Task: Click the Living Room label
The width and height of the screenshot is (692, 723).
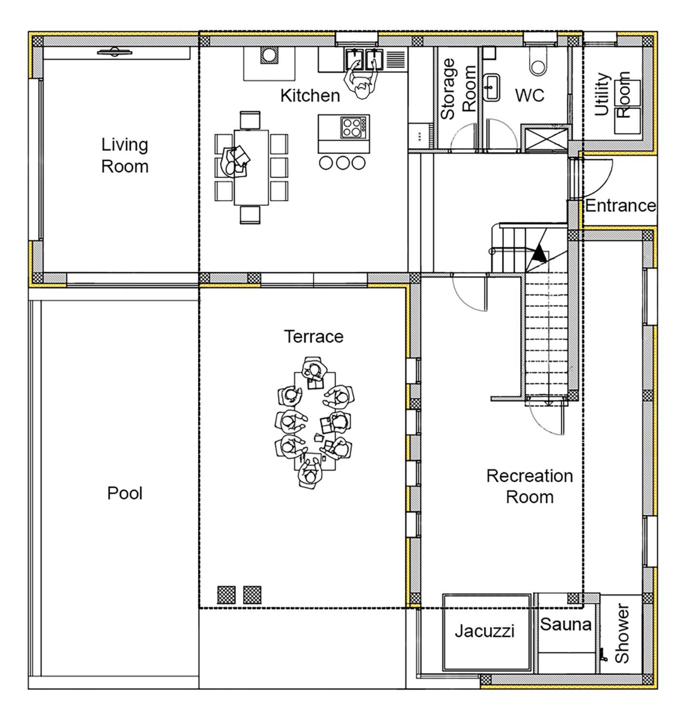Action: (x=125, y=156)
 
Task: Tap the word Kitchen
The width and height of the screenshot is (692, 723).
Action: (x=310, y=96)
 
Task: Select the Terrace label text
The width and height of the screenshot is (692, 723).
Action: (x=314, y=336)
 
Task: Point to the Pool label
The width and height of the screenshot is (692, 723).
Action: (x=125, y=493)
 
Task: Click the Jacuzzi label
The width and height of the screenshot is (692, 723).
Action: (x=485, y=631)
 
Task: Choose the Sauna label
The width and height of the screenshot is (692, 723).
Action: (x=565, y=624)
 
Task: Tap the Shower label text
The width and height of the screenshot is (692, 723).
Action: (x=622, y=634)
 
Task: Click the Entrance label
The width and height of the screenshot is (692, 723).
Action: (x=620, y=206)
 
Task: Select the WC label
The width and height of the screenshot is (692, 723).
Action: (x=530, y=95)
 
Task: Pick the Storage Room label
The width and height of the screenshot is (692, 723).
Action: (x=458, y=89)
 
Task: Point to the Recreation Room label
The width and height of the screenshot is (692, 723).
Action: (x=529, y=487)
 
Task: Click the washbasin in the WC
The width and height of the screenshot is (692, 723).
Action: (x=491, y=88)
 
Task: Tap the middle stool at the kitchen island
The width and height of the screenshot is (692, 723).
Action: (x=342, y=163)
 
